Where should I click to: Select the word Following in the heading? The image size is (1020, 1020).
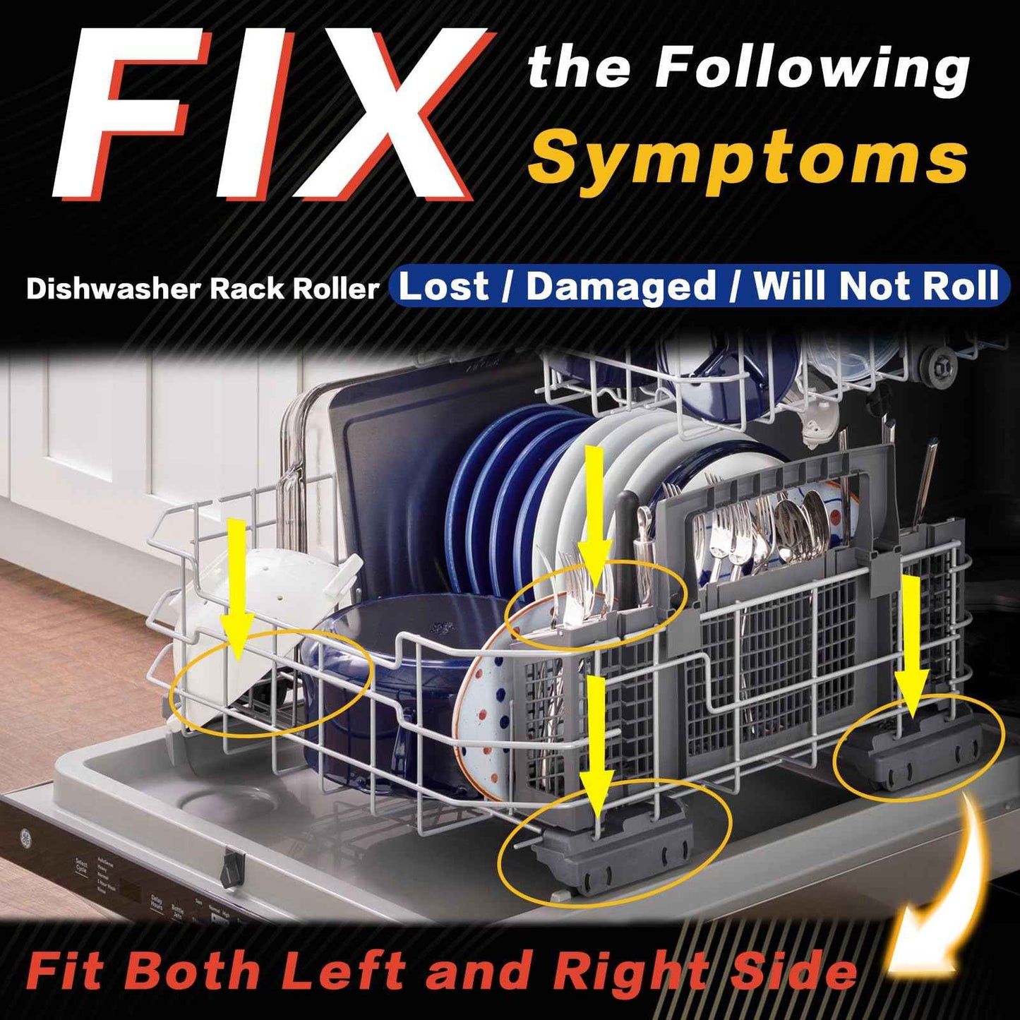(x=812, y=69)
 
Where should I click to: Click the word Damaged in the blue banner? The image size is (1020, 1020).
(x=621, y=286)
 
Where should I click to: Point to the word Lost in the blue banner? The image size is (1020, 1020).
(x=444, y=286)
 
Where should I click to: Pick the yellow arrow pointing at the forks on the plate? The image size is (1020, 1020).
(x=595, y=515)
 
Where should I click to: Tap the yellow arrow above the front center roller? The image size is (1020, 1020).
(x=596, y=741)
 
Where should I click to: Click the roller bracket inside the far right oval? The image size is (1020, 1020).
(x=918, y=755)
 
